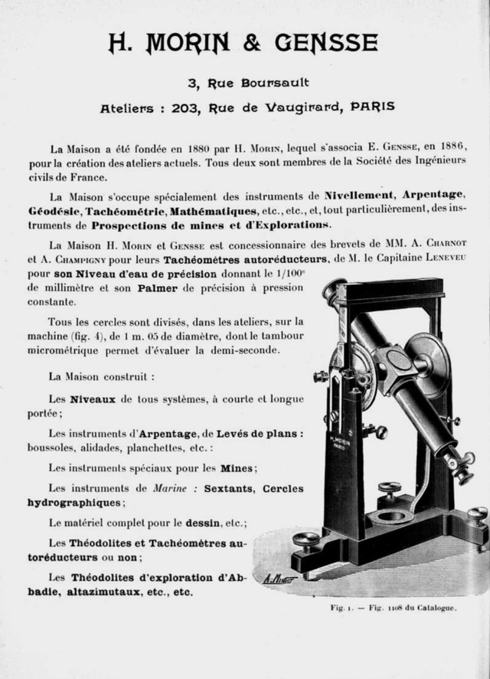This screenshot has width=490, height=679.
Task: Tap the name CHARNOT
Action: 439,246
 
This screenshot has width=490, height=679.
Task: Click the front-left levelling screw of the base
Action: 305,542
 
